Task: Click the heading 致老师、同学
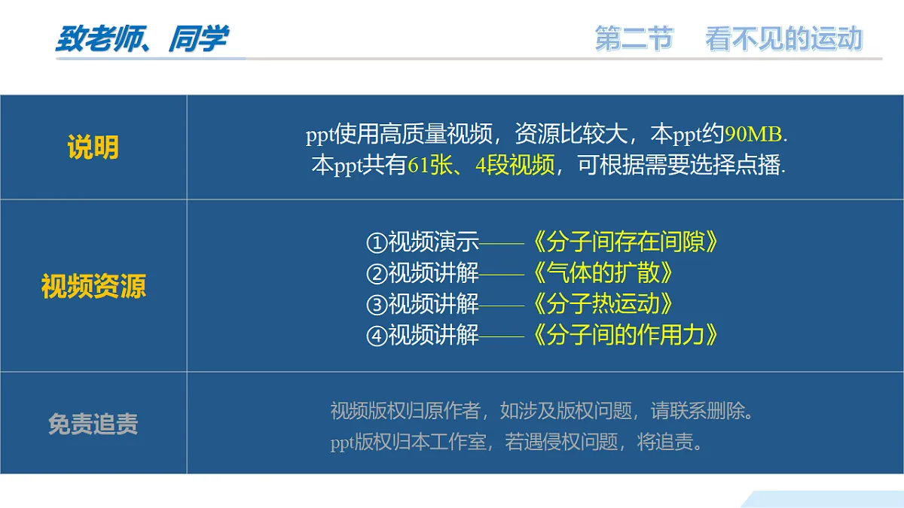tap(142, 39)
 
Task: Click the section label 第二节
tap(634, 39)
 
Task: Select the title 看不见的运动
tap(783, 39)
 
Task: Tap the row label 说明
tap(93, 148)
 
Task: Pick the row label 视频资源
tap(93, 287)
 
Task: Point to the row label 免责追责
tap(93, 424)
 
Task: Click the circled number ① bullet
tap(376, 243)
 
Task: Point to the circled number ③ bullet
tap(376, 305)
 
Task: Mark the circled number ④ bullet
tap(376, 336)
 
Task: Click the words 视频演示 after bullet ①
tap(433, 242)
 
